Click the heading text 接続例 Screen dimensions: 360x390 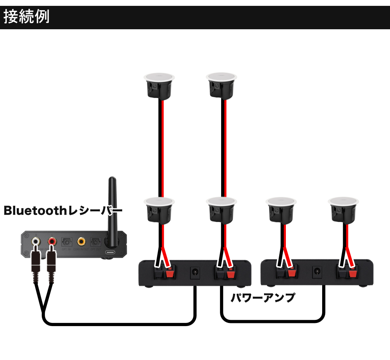point(27,18)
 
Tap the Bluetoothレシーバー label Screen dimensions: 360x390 point(63,211)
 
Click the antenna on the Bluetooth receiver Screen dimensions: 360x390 point(112,211)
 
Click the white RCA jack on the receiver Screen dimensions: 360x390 point(36,241)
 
